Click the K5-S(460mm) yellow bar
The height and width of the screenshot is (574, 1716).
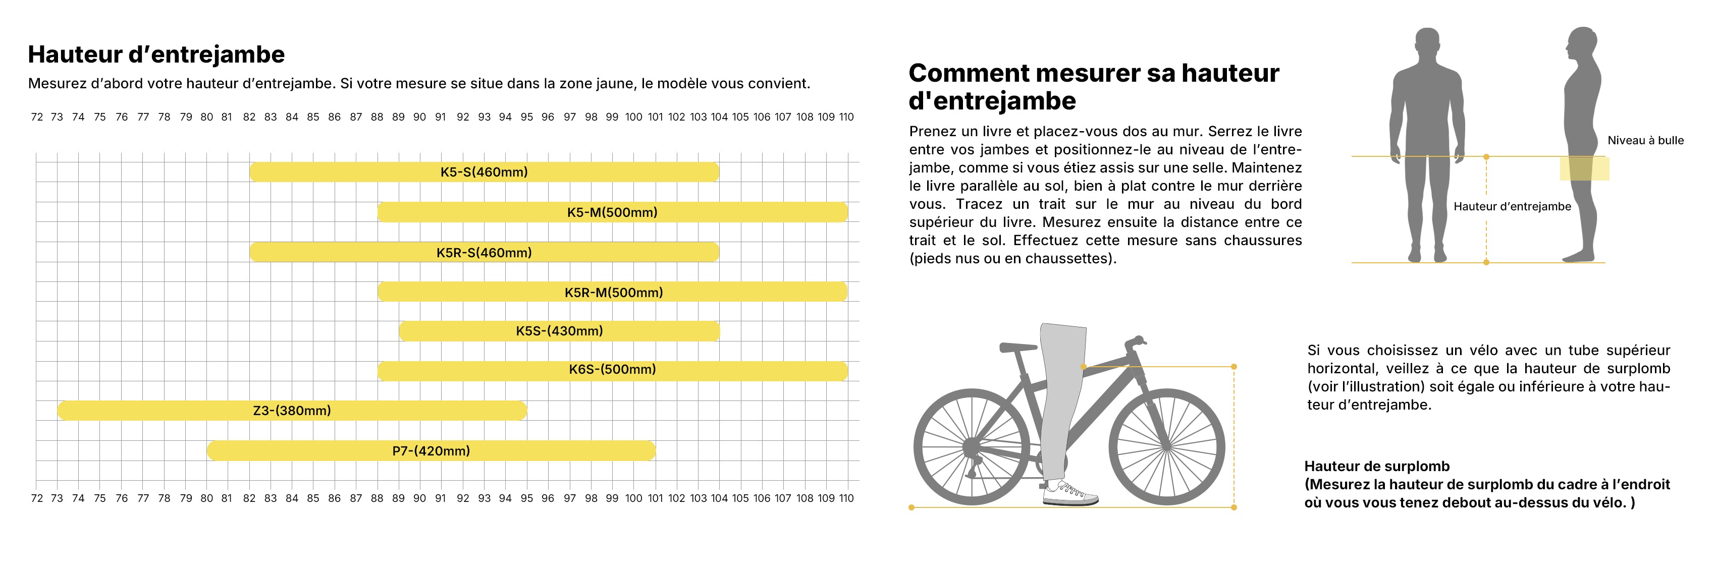[485, 172]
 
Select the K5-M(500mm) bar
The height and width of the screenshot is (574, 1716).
[613, 212]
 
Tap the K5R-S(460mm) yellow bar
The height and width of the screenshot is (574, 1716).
[485, 252]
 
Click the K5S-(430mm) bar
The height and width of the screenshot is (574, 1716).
[560, 331]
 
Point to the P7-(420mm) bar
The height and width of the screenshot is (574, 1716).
[431, 451]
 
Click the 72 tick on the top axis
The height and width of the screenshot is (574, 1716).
[37, 117]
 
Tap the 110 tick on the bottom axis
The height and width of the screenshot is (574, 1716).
[846, 498]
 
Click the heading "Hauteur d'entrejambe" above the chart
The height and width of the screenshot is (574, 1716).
[156, 54]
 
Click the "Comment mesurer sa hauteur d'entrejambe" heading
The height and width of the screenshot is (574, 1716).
[1094, 87]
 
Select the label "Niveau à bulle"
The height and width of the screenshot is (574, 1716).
[1645, 141]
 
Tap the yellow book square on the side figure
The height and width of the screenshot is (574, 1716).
[1584, 168]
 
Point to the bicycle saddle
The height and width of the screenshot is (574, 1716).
[1018, 347]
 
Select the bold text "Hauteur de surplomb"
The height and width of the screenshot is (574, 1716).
[1377, 466]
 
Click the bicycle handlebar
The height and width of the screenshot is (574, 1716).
[1135, 343]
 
